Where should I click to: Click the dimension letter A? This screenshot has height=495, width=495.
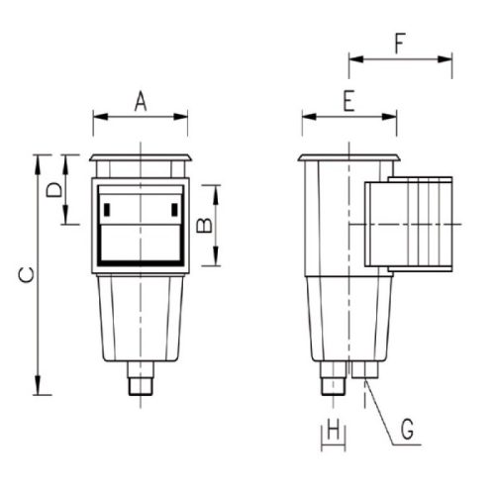point(141,101)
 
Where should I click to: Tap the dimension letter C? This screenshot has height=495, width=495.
point(26,275)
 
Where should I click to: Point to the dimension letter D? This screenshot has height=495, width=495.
point(53,190)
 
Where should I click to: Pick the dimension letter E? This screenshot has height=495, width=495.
point(348,101)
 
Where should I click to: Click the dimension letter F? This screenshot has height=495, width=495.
point(400,44)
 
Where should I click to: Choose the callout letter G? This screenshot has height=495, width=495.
point(408,429)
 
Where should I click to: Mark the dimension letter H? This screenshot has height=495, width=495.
point(333,429)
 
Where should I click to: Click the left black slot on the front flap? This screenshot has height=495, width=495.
point(107,210)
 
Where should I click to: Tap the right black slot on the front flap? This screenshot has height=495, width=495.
point(174,210)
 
